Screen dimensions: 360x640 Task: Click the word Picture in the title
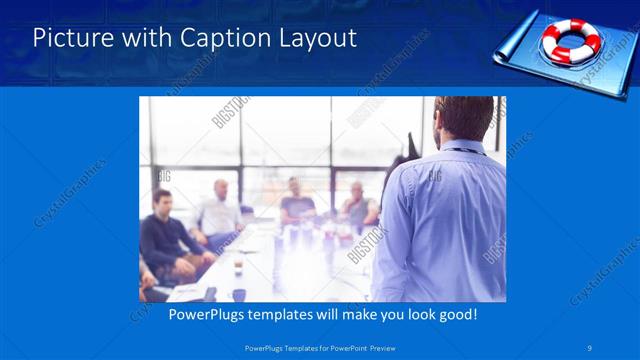click(69, 39)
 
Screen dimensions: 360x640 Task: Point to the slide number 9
click(591, 346)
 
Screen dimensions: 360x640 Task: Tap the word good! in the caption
click(455, 315)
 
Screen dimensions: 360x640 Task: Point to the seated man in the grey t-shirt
click(296, 200)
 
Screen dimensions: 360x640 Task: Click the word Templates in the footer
click(290, 347)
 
